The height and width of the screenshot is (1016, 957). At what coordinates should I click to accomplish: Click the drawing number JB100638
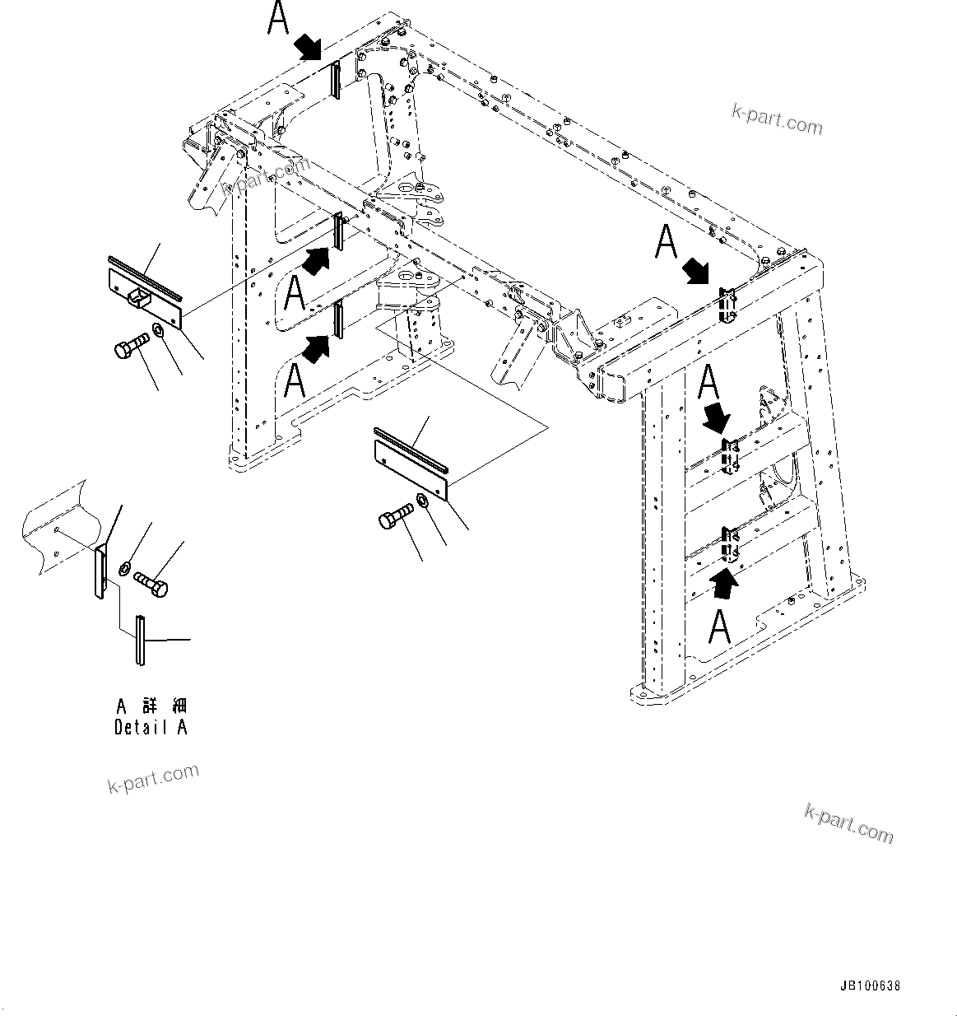tap(870, 986)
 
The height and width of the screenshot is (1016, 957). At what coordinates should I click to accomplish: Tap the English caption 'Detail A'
tap(151, 727)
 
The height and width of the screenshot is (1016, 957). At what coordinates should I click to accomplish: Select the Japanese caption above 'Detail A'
tap(151, 706)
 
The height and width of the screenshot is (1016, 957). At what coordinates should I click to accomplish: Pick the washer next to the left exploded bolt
tap(158, 330)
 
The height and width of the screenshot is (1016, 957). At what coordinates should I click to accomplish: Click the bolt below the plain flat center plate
tap(396, 517)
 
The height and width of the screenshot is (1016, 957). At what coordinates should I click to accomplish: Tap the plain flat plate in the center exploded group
tap(411, 469)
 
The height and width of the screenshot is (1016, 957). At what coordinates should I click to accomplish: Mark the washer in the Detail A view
tap(125, 566)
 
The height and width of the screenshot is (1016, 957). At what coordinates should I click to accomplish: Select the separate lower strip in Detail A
tap(141, 640)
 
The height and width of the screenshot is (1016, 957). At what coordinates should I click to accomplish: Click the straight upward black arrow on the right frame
tap(724, 582)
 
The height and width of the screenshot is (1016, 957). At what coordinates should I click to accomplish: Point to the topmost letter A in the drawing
tap(279, 20)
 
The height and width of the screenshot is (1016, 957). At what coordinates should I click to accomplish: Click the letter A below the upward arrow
tap(720, 627)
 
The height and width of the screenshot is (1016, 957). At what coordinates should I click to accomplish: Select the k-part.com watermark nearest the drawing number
tap(848, 823)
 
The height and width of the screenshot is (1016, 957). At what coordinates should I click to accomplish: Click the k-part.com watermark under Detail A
tap(153, 778)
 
